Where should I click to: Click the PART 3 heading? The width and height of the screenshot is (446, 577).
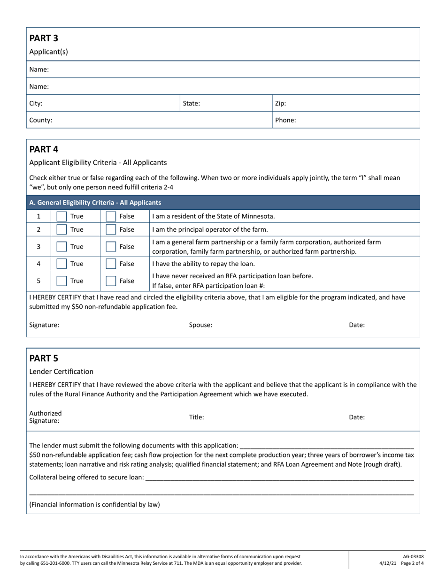pyautogui.click(x=44, y=38)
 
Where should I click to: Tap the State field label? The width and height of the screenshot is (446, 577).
pyautogui.click(x=192, y=103)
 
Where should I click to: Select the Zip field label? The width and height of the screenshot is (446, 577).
pyautogui.click(x=280, y=103)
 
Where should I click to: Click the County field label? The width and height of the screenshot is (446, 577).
pyautogui.click(x=40, y=120)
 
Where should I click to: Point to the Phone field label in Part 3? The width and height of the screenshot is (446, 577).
pyautogui.click(x=285, y=120)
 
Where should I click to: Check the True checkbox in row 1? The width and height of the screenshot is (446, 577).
pyautogui.click(x=62, y=216)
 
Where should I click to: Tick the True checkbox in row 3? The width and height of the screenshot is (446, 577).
pyautogui.click(x=62, y=246)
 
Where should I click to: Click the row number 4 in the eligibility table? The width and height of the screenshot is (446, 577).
pyautogui.click(x=38, y=264)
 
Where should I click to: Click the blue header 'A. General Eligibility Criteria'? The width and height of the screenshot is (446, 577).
pyautogui.click(x=95, y=203)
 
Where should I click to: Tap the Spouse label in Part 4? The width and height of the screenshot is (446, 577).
pyautogui.click(x=200, y=325)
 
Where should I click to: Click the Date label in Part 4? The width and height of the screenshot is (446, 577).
pyautogui.click(x=357, y=325)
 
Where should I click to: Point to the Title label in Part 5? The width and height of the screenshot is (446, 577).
pyautogui.click(x=196, y=417)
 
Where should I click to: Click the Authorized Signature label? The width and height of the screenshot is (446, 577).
pyautogui.click(x=45, y=417)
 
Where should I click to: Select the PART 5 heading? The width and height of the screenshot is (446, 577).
pyautogui.click(x=44, y=358)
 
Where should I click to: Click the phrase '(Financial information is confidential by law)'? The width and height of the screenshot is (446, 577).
pyautogui.click(x=94, y=505)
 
